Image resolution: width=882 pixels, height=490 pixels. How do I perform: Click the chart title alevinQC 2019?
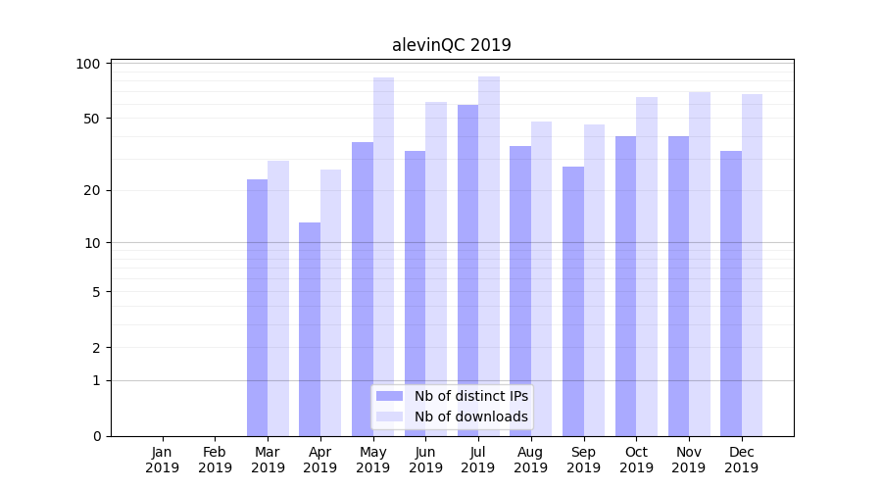tap(451, 45)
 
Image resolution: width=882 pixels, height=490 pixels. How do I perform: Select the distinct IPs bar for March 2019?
tap(257, 308)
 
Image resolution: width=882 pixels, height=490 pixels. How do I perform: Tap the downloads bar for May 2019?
tap(383, 257)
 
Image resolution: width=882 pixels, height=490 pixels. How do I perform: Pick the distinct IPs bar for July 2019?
tap(467, 270)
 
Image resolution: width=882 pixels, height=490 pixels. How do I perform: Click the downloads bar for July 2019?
tap(489, 256)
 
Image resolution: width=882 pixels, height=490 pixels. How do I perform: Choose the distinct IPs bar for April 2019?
tap(310, 329)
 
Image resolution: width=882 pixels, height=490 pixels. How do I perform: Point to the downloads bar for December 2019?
tap(752, 265)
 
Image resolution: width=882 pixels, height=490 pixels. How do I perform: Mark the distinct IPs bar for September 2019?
tap(573, 301)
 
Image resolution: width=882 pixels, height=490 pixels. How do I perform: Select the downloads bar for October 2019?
tap(647, 267)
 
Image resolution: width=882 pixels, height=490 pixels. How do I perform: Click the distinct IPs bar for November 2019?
tap(678, 286)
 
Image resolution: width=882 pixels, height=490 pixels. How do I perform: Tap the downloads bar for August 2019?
tap(541, 278)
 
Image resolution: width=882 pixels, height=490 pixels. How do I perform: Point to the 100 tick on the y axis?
tap(88, 64)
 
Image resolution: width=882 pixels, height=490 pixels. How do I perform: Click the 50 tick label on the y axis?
tap(91, 119)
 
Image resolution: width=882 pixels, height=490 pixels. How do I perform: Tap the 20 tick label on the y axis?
tap(91, 190)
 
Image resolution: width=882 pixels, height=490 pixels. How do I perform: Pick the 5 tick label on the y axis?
tap(95, 292)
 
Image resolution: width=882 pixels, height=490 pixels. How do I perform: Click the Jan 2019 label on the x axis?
tap(163, 460)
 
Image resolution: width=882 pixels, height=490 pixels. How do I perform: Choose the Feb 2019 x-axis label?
tap(216, 460)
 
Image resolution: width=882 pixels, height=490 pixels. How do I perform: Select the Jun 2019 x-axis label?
tap(425, 460)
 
